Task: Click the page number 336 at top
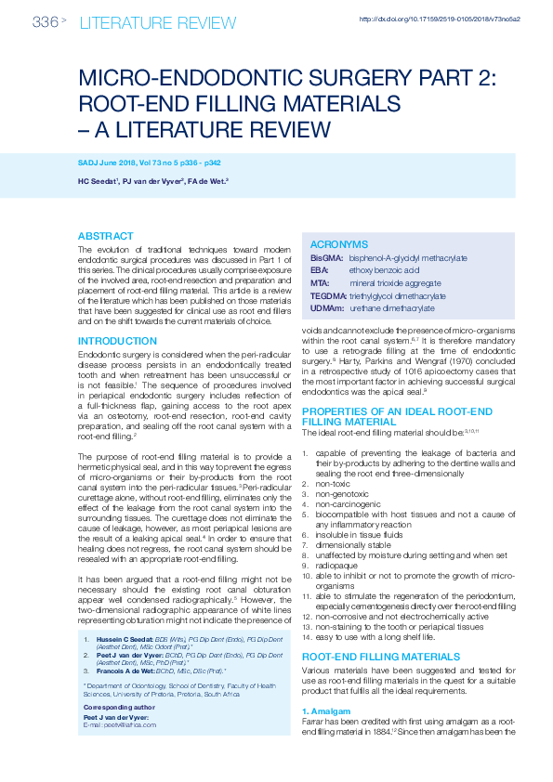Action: [45, 21]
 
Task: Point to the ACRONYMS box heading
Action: [338, 243]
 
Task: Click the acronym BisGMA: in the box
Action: [326, 257]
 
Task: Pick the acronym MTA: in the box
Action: [319, 281]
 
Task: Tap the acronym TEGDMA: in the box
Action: [328, 293]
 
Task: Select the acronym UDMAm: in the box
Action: [327, 306]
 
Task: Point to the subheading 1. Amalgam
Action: [327, 710]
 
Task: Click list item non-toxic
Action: [333, 484]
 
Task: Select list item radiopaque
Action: [335, 566]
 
